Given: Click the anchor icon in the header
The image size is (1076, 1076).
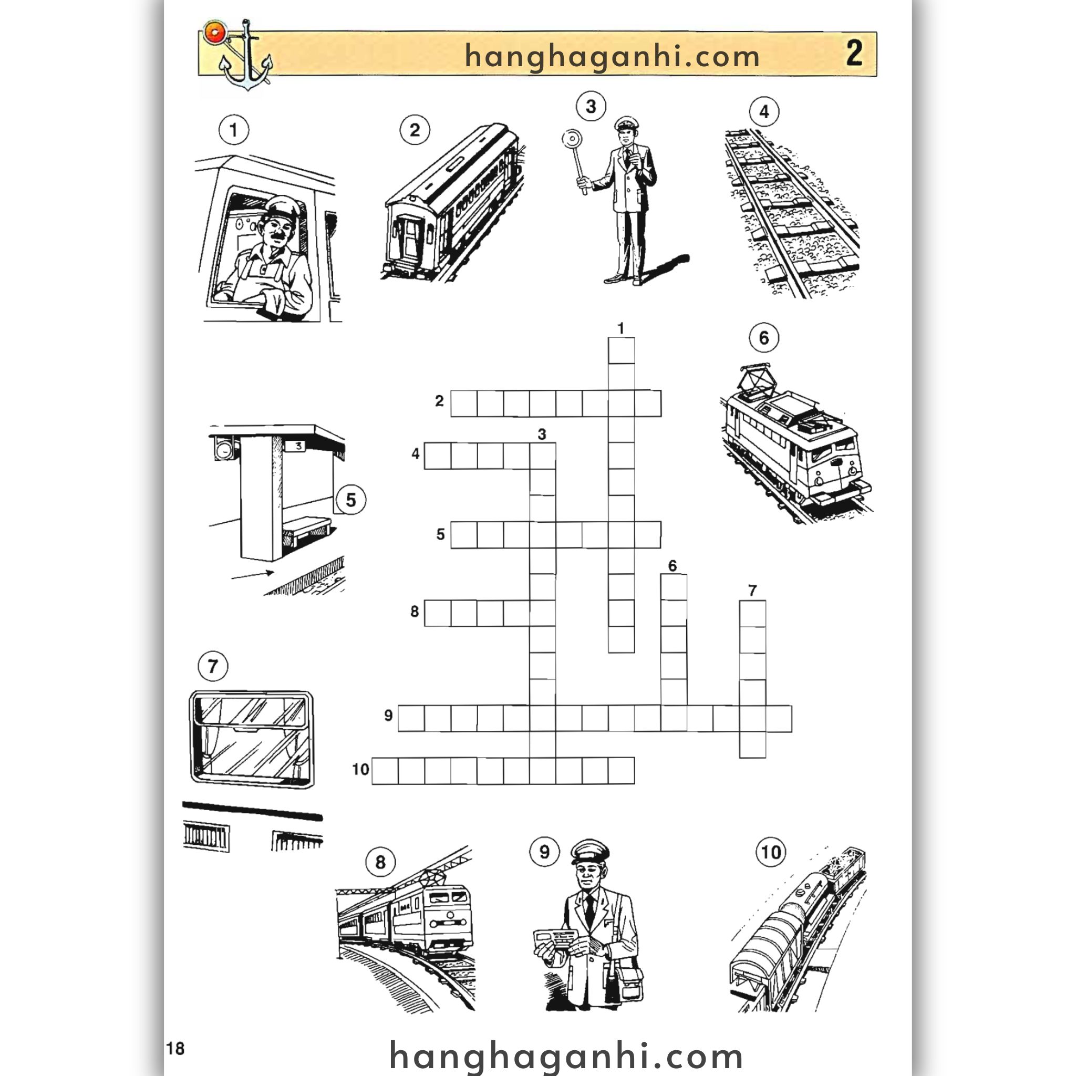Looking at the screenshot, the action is point(243,56).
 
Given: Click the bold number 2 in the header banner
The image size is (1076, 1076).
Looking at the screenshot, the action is point(854,54).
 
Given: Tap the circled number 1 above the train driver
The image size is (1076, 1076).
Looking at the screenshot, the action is point(233,130).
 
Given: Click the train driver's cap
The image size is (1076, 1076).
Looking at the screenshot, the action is point(285,206).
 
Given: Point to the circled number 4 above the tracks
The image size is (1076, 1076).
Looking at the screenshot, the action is point(764,112).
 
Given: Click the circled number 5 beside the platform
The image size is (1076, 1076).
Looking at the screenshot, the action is point(350,500).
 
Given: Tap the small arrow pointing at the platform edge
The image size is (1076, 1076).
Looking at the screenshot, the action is point(253,574).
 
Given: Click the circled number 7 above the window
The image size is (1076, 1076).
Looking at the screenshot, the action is point(213,666).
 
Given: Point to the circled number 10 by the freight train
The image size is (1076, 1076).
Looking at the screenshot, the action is point(771,852).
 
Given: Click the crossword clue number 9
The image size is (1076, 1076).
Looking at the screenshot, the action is point(388,715).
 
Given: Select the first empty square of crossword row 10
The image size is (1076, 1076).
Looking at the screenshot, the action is point(385,771).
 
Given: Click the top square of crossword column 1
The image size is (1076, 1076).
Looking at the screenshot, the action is point(622,351).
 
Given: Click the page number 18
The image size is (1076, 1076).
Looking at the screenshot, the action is point(175,1048).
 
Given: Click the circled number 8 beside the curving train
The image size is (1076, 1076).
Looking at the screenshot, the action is point(380,862).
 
